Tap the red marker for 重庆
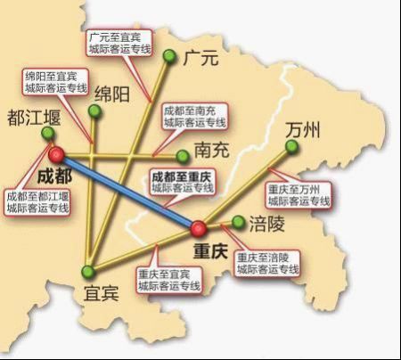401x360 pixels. click(x=199, y=228)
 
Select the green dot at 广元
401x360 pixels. click(x=169, y=56)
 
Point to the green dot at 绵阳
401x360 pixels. click(x=94, y=110)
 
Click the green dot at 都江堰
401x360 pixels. click(x=47, y=133)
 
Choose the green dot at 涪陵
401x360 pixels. click(x=238, y=221)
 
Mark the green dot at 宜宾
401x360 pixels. click(x=87, y=271)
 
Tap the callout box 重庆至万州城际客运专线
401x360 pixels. click(x=299, y=195)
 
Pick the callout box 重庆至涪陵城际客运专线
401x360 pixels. click(x=268, y=262)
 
